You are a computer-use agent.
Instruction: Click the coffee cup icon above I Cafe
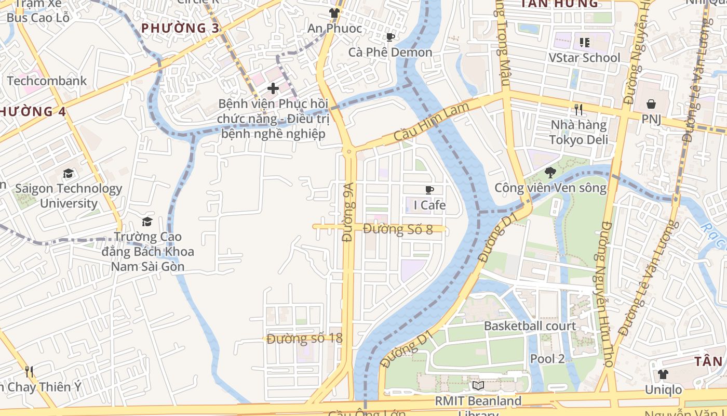coord(429,190)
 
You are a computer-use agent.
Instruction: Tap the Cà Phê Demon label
coord(390,53)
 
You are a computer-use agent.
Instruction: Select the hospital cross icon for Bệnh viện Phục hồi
coord(273,88)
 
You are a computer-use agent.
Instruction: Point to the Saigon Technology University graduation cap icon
coord(68,173)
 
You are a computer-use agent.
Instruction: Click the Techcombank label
coord(47,81)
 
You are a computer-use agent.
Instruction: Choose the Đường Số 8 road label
coord(398,229)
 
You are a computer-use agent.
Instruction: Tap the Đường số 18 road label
coord(305,339)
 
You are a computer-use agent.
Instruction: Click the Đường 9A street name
coord(348,212)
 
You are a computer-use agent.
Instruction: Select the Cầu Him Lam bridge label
coord(431,122)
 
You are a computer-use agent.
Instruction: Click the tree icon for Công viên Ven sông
coord(550,172)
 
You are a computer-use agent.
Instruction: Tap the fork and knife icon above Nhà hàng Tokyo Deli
coord(578,109)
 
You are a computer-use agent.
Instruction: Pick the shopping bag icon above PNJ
coord(651,104)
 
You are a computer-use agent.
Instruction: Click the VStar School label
coord(584,58)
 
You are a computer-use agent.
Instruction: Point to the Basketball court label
coord(530,326)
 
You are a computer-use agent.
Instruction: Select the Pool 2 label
coord(547,358)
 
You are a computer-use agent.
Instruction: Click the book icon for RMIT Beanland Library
coord(478,386)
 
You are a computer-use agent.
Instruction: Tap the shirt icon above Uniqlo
coord(663,374)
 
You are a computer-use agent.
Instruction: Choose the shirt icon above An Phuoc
coord(334,13)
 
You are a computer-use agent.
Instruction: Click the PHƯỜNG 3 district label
coord(180,28)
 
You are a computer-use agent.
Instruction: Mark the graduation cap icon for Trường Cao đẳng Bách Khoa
coord(147,222)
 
